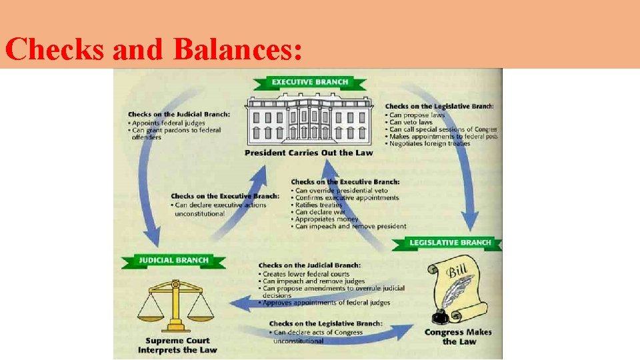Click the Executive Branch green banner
pyautogui.click(x=309, y=83)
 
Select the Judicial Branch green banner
pyautogui.click(x=173, y=261)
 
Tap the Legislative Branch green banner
pyautogui.click(x=450, y=243)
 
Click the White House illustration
pyautogui.click(x=309, y=121)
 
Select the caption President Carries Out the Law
pyautogui.click(x=309, y=153)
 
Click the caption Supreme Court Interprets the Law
pyautogui.click(x=177, y=345)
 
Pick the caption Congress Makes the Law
pyautogui.click(x=459, y=337)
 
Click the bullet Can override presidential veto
pyautogui.click(x=341, y=190)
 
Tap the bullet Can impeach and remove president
pyautogui.click(x=350, y=227)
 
